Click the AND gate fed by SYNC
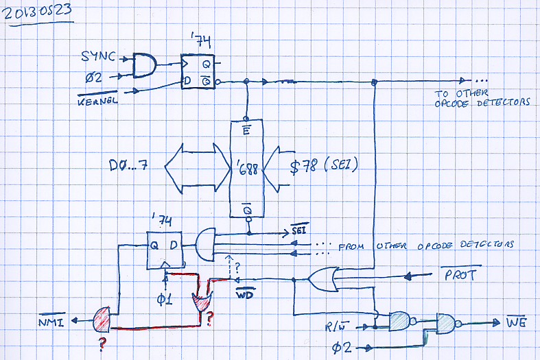pyautogui.click(x=143, y=66)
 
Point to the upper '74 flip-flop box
pyautogui.click(x=198, y=71)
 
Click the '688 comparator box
pyautogui.click(x=247, y=169)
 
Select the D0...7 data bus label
pyautogui.click(x=133, y=167)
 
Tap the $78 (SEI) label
pyautogui.click(x=325, y=167)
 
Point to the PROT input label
pyautogui.click(x=456, y=276)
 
